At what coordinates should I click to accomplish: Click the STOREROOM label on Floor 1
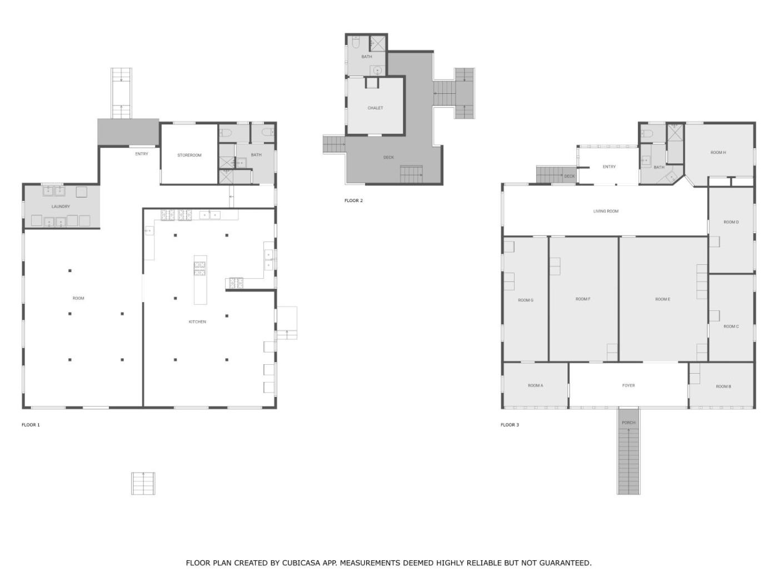click(x=189, y=155)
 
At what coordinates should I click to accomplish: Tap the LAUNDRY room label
click(x=61, y=207)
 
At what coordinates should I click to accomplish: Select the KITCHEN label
click(x=197, y=322)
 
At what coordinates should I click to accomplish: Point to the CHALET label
click(x=375, y=108)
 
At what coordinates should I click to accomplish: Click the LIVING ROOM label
click(x=606, y=212)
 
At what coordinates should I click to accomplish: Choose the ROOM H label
click(x=718, y=153)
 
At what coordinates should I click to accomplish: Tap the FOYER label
click(x=629, y=385)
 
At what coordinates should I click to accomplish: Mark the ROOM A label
click(x=535, y=385)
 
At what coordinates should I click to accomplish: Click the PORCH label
click(x=629, y=423)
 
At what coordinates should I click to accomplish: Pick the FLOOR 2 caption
click(x=354, y=200)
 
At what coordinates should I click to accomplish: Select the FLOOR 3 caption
click(x=510, y=425)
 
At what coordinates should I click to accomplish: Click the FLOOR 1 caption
click(x=31, y=425)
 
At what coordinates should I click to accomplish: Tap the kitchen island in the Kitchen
click(x=200, y=280)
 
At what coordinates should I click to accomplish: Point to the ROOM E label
click(x=662, y=299)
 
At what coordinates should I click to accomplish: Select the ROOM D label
click(x=731, y=222)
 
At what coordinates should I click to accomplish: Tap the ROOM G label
click(x=525, y=300)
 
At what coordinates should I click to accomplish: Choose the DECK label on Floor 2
click(x=388, y=158)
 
